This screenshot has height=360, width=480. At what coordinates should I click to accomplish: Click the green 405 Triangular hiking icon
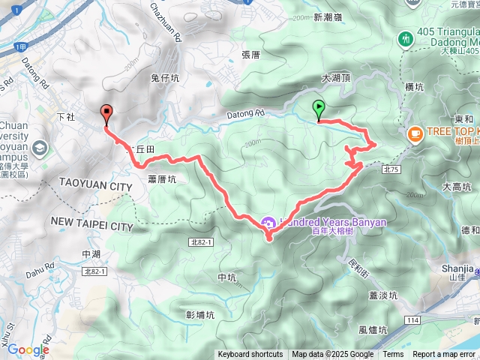pos(406,37)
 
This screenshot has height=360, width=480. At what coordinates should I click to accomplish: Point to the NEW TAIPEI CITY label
pos(91,225)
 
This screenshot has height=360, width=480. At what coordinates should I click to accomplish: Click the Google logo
pos(28,349)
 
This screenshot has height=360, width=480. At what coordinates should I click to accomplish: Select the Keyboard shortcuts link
pos(250,355)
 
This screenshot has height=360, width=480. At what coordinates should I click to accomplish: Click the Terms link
pos(393,355)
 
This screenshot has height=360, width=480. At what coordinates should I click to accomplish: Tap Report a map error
pos(445,355)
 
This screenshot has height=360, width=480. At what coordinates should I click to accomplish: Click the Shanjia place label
pos(457,268)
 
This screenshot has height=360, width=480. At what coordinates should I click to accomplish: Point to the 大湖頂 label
pos(335,78)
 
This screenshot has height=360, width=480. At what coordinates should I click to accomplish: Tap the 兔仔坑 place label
pos(165,77)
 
